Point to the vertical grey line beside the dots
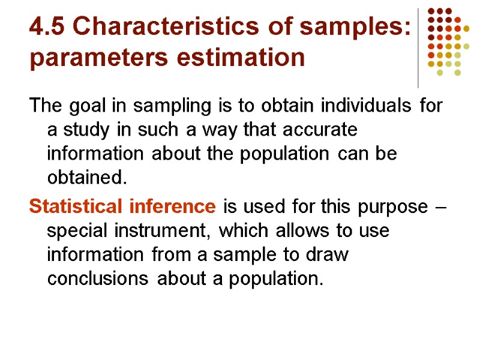pos(418,48)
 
